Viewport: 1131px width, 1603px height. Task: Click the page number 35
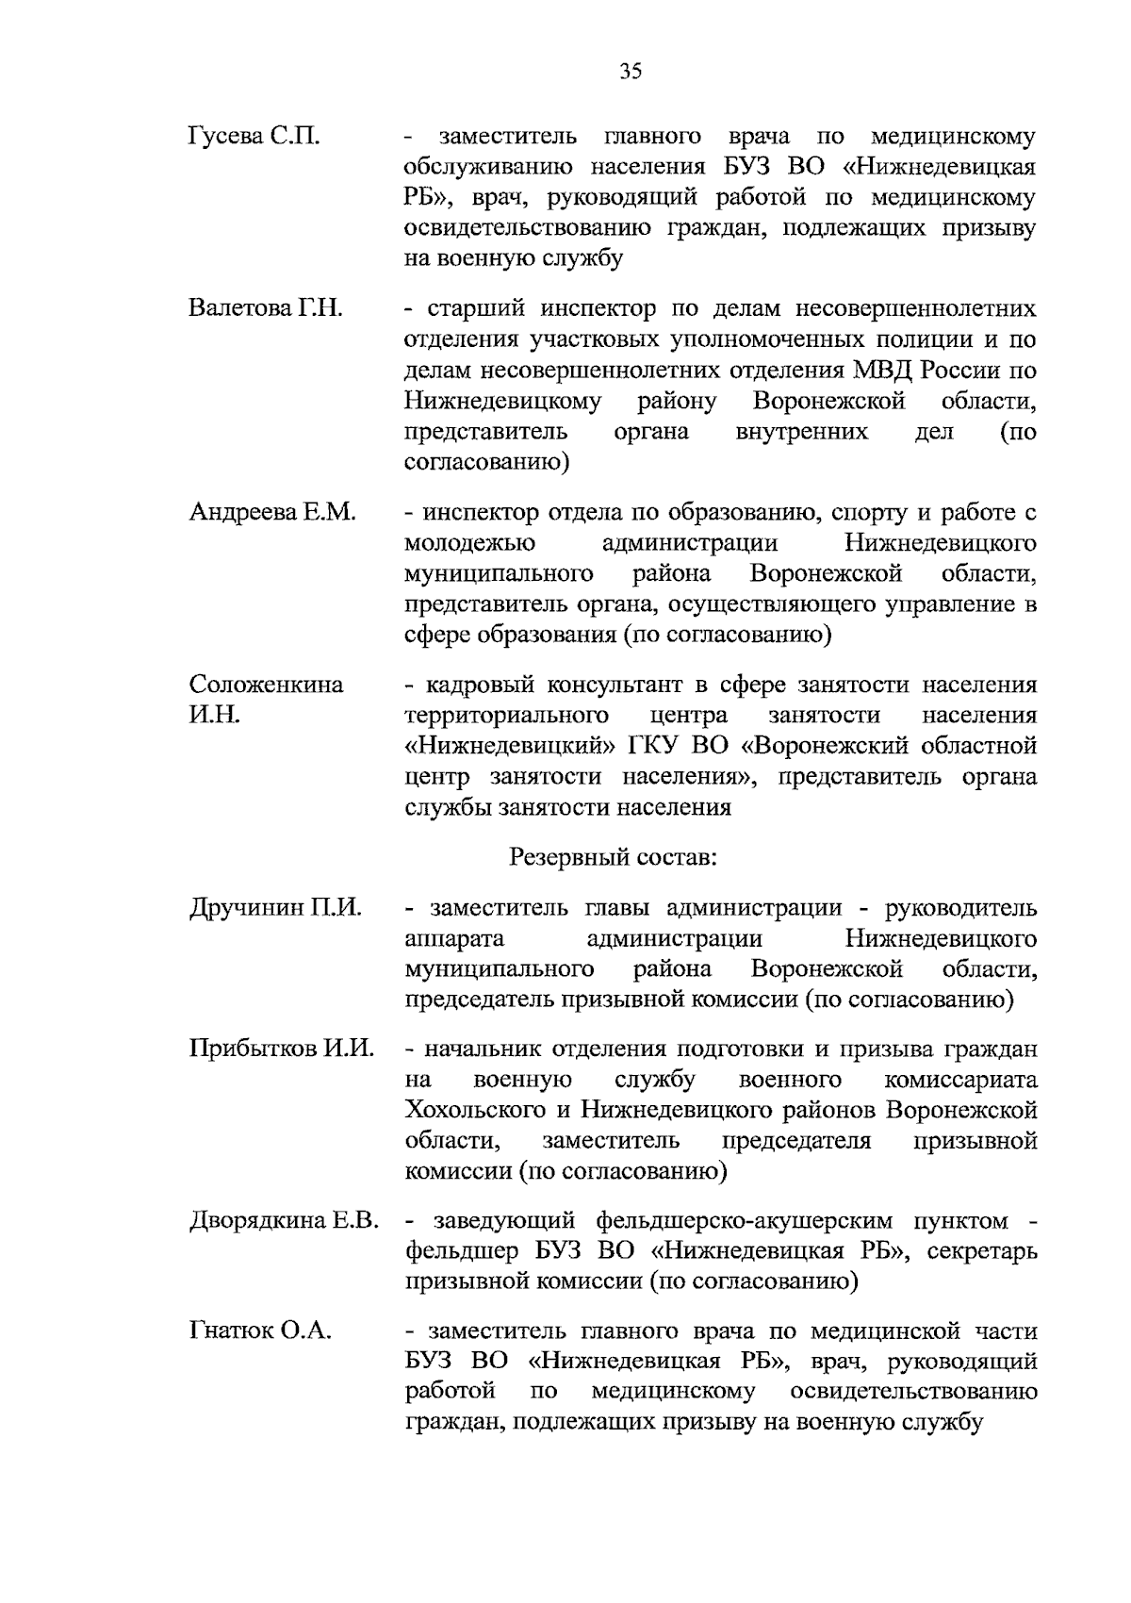click(x=631, y=72)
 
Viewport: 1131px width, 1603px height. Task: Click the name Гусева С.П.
click(x=254, y=138)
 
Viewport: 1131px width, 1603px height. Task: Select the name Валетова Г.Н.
click(x=265, y=309)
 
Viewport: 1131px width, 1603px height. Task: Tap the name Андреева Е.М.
click(x=272, y=513)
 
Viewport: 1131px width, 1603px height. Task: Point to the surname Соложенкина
click(x=267, y=685)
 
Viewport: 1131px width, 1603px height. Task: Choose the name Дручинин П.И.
click(x=275, y=908)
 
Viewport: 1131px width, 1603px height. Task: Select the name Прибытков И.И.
click(x=282, y=1049)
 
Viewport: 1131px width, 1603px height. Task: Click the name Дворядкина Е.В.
click(x=284, y=1221)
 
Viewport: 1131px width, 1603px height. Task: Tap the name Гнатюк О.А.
click(x=260, y=1331)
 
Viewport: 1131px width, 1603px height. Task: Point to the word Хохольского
click(x=481, y=1110)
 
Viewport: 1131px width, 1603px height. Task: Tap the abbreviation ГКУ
click(x=655, y=746)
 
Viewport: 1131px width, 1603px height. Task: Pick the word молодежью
click(x=469, y=544)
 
